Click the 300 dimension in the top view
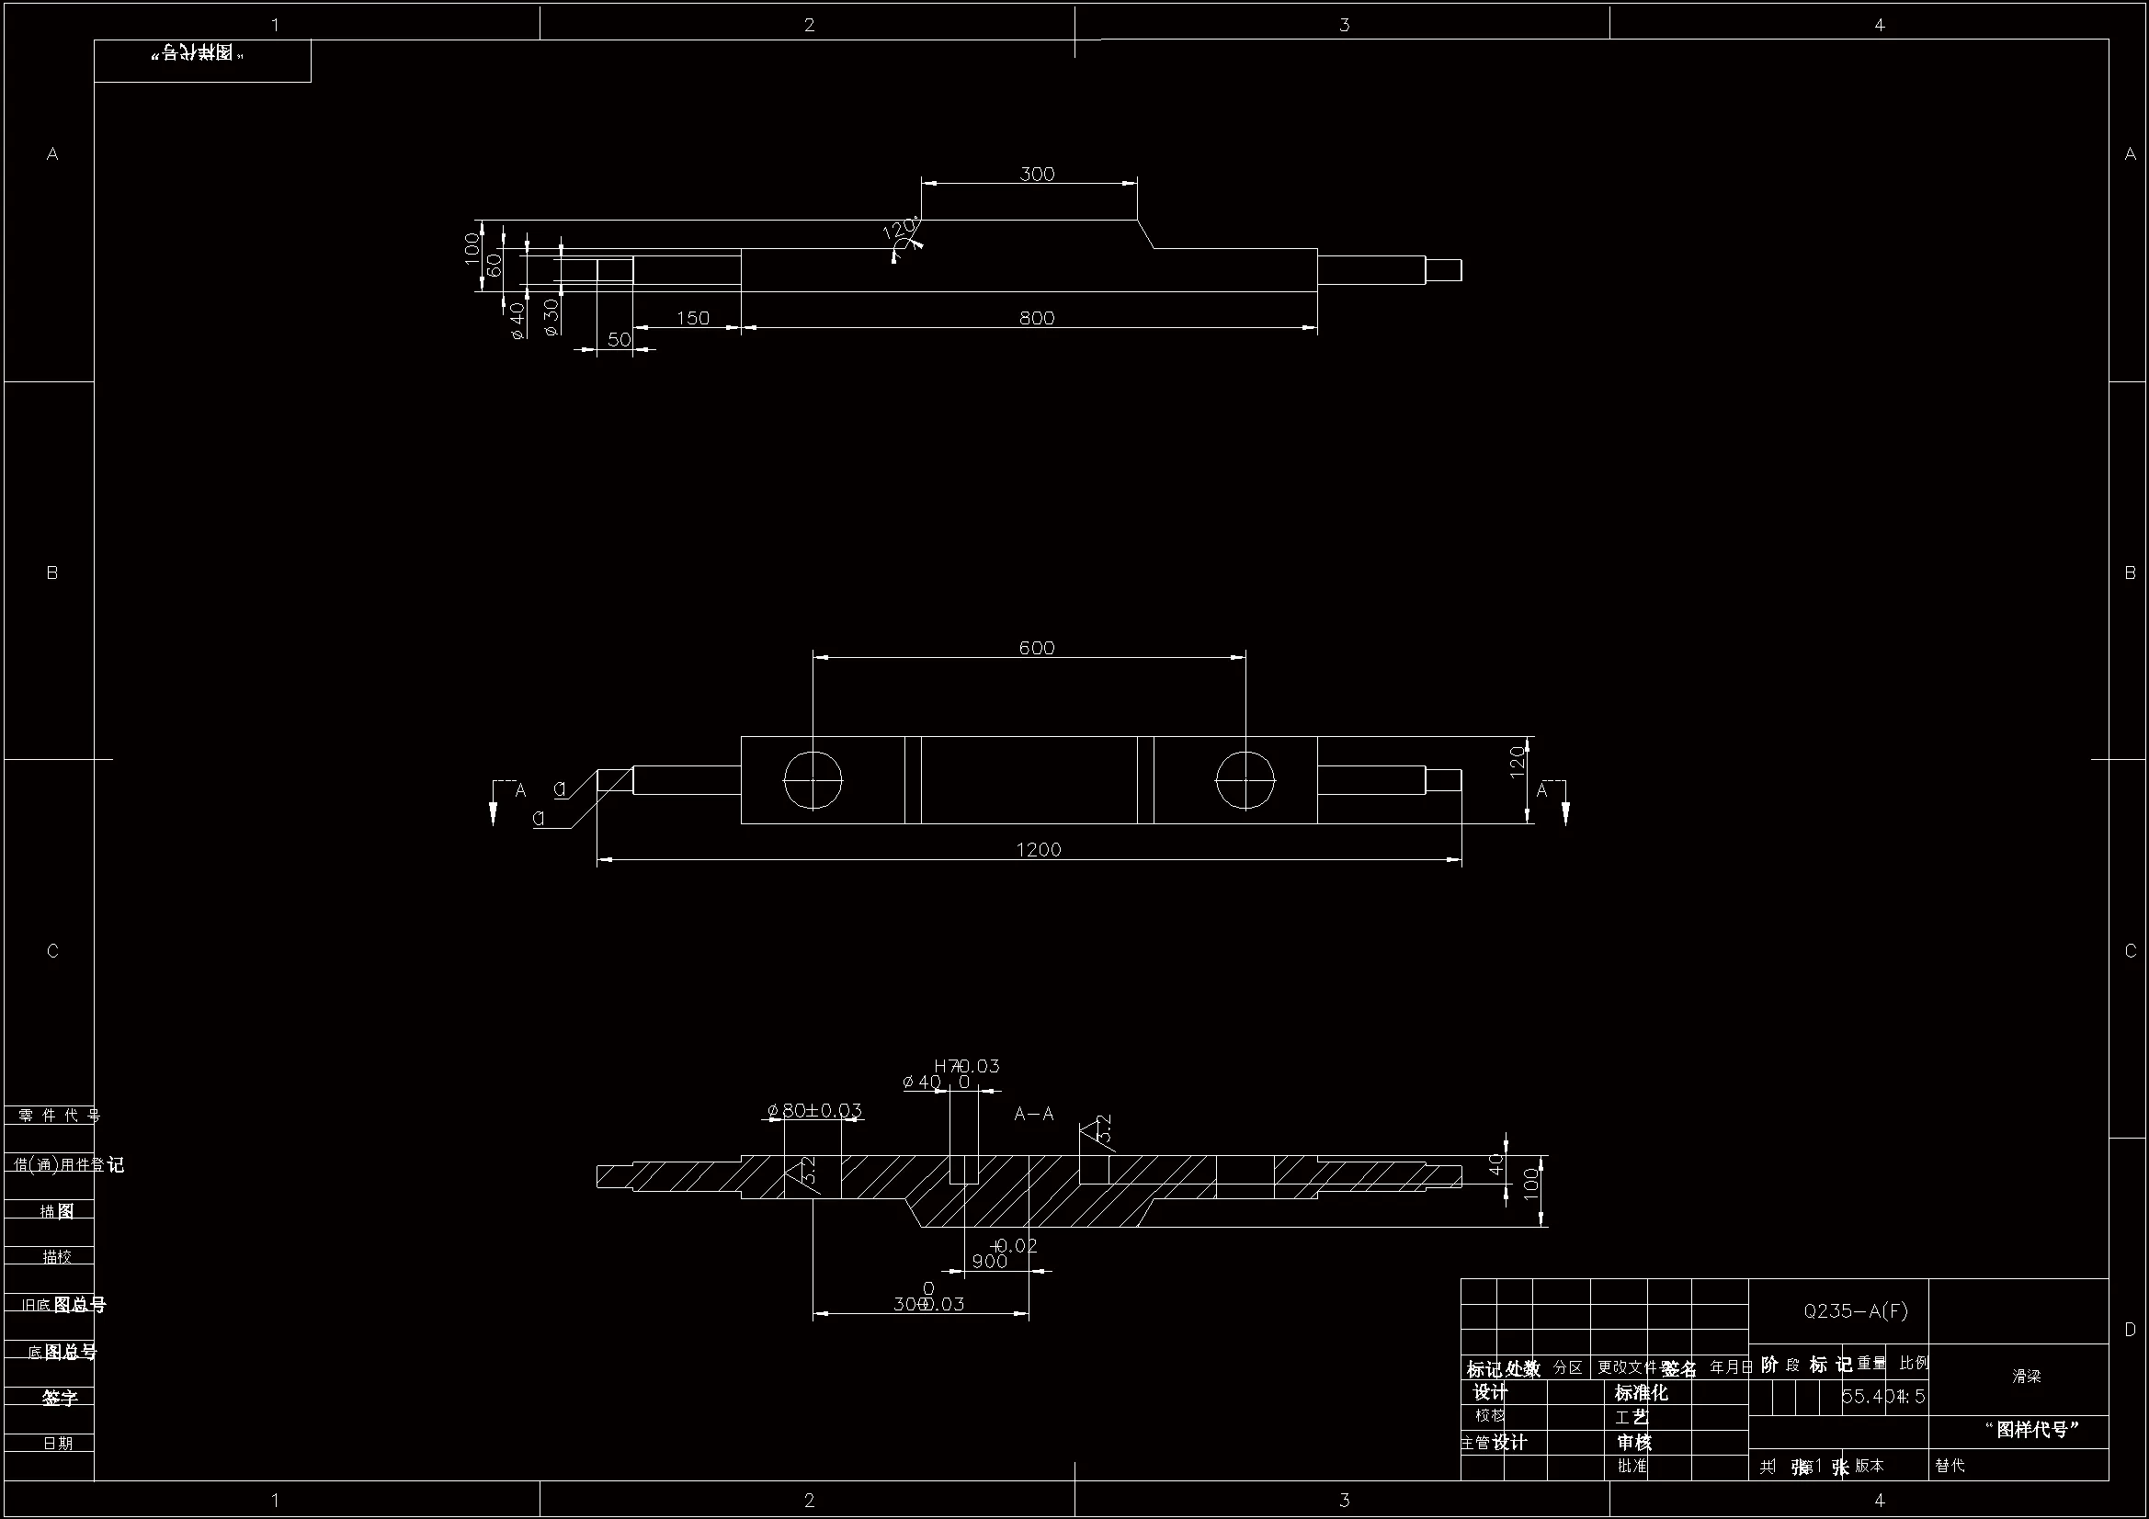pos(1036,174)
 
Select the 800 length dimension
pos(1036,318)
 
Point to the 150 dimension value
pos(693,318)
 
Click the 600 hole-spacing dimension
pos(1036,648)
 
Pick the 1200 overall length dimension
pos(1038,850)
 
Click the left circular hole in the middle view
pos(813,779)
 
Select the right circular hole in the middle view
pos(1245,779)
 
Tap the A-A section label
pos(1034,1114)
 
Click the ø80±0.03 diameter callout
pos(814,1110)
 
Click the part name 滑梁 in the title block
pos(2027,1377)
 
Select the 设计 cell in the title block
pos(1490,1393)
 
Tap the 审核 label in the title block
pos(1634,1442)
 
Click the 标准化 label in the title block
pos(1641,1393)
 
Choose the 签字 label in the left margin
pos(59,1398)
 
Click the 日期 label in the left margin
pos(58,1444)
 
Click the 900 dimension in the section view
pos(989,1262)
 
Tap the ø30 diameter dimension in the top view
pos(551,316)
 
